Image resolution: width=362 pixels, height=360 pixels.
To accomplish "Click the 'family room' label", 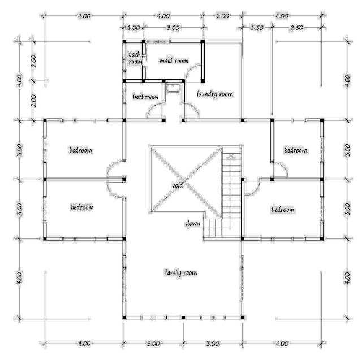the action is coord(180,273).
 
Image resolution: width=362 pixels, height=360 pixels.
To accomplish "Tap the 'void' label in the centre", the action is coord(176,185).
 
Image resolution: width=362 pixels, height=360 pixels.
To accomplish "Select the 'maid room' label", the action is coord(173,60).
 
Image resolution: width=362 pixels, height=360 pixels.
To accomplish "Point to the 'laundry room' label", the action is coord(214,94).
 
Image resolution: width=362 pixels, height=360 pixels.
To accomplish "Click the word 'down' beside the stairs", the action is coord(192,223).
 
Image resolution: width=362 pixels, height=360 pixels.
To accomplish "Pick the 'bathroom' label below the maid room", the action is coord(145,97).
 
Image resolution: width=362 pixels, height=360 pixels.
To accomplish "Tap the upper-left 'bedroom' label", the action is coord(81,150).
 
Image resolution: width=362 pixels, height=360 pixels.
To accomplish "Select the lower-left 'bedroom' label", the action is coord(81,207).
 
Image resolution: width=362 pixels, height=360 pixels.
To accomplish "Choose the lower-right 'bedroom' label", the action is coord(283,210).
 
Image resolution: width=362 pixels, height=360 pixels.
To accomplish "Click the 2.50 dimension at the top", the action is coord(298,27).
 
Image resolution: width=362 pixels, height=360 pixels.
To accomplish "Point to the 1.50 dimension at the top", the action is coord(257,27).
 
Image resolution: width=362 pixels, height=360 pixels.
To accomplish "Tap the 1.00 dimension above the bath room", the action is coord(134,27).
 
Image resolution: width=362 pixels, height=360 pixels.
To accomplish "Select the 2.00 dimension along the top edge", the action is coord(222,16).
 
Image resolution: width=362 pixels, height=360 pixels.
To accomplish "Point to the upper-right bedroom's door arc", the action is coord(277,169).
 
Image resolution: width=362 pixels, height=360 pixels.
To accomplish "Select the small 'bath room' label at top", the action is coord(134,58).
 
